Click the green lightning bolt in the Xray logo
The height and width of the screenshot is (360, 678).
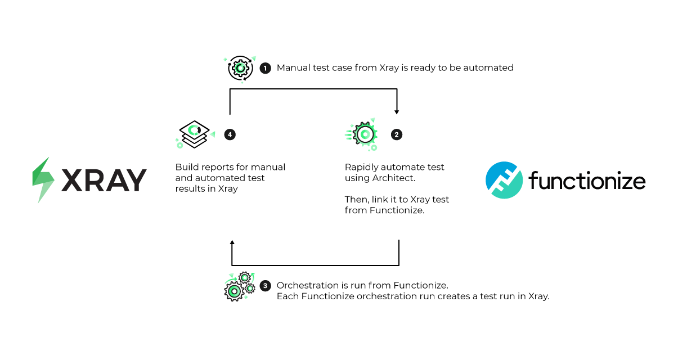(43, 180)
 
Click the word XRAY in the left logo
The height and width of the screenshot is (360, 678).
(104, 181)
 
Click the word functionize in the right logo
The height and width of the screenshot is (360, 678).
(587, 181)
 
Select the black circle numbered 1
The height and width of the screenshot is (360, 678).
(265, 68)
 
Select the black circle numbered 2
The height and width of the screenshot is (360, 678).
(397, 134)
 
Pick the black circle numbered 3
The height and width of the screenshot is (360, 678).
(265, 286)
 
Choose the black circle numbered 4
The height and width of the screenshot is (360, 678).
(229, 134)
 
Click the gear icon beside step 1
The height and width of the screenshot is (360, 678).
(240, 68)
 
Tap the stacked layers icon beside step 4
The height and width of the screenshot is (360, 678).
(193, 134)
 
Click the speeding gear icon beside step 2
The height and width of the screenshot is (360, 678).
(363, 134)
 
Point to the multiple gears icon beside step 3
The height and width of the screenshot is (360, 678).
(239, 286)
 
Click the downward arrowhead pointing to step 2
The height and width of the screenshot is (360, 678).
(397, 111)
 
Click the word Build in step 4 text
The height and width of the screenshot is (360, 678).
(186, 167)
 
